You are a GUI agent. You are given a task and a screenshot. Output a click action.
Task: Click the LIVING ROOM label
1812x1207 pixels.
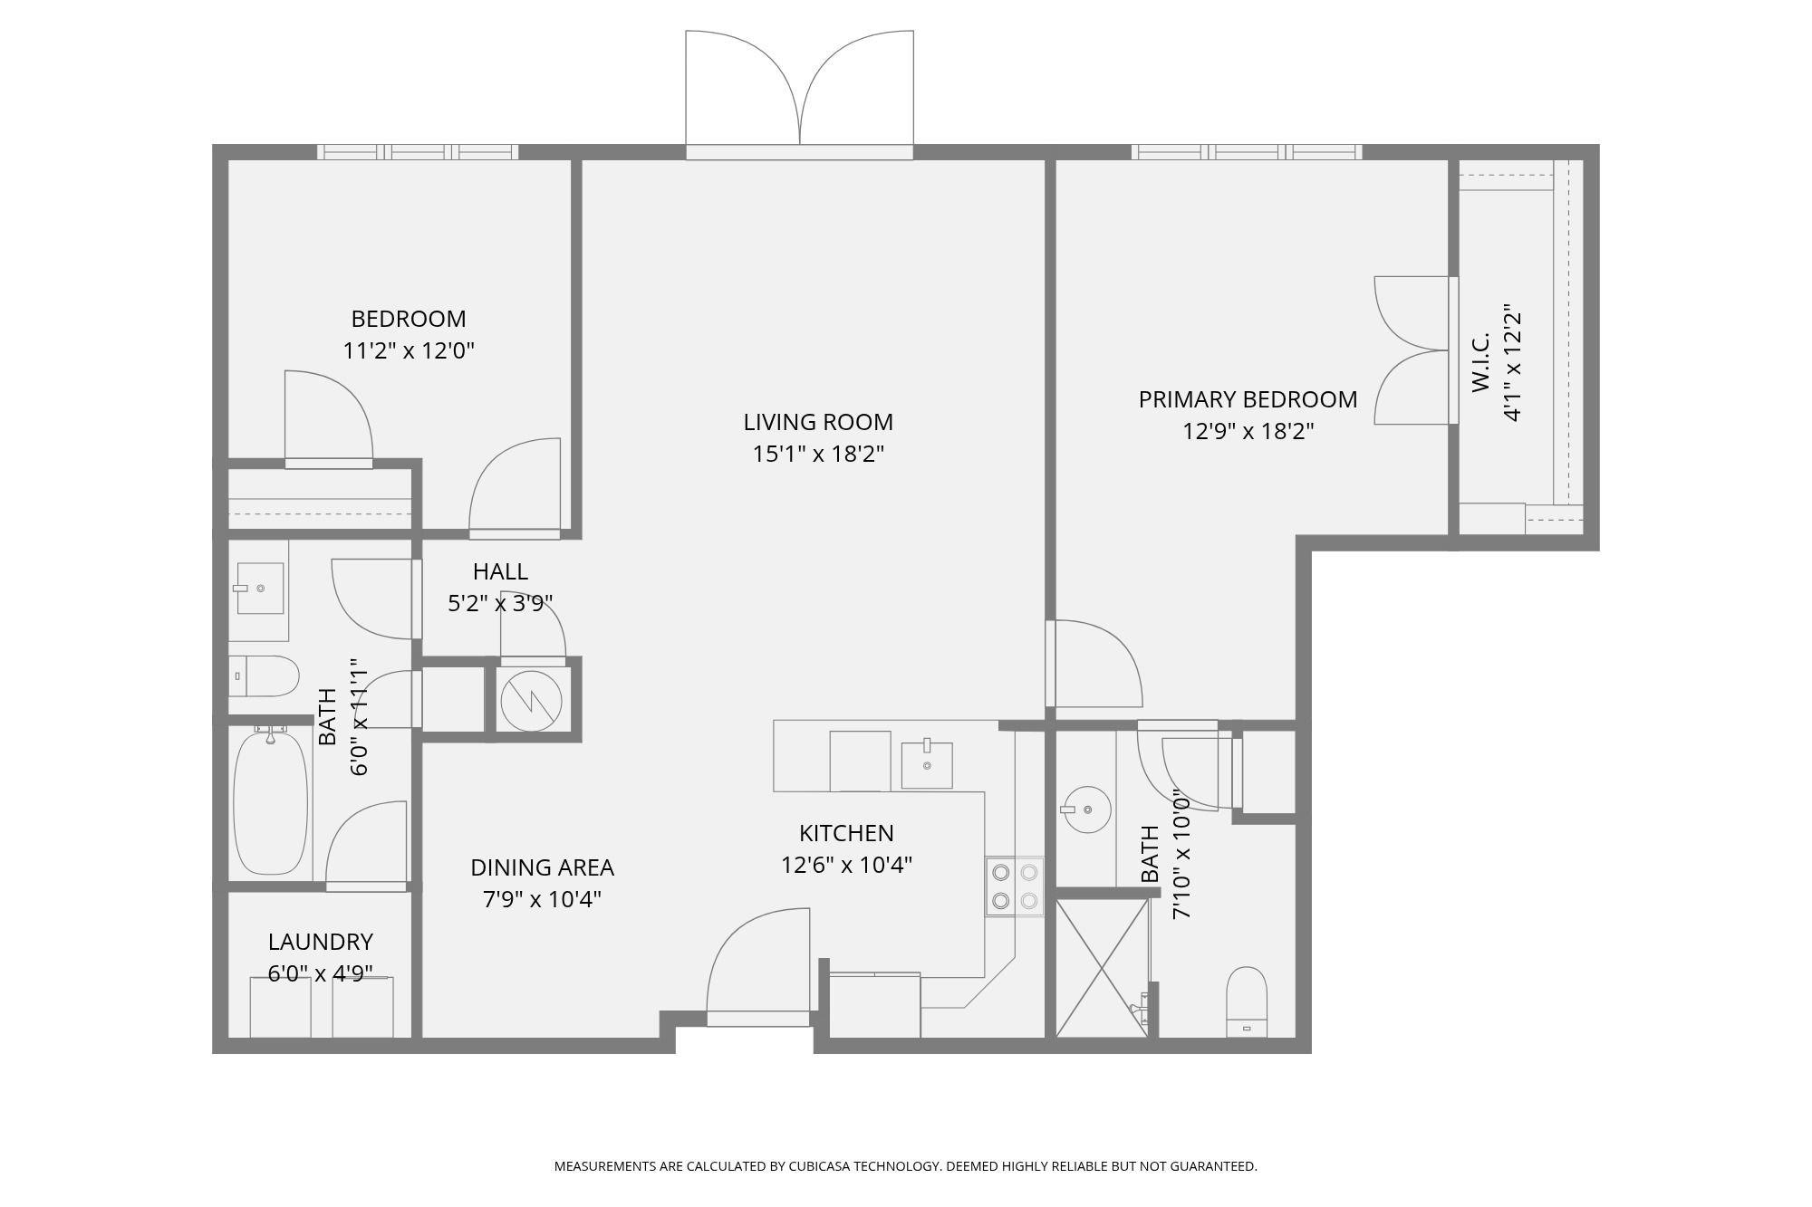[x=818, y=422]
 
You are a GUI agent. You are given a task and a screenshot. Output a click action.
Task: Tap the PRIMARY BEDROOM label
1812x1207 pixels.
[x=1248, y=399]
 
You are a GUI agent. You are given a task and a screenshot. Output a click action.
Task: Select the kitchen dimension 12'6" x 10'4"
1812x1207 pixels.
[x=846, y=865]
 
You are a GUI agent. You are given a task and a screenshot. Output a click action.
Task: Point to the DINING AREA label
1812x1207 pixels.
[x=542, y=867]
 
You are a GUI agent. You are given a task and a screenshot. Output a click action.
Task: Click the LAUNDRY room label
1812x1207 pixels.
[x=321, y=942]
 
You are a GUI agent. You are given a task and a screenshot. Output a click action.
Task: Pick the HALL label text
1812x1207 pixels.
[x=500, y=571]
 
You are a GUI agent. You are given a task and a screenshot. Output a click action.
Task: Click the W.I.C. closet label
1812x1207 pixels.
[x=1481, y=363]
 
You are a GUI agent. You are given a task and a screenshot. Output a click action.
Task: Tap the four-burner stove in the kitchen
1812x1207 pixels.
[x=1015, y=886]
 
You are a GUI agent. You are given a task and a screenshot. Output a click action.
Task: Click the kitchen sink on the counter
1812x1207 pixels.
[x=927, y=765]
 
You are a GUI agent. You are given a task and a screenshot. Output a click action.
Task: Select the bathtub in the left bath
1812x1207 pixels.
[x=270, y=802]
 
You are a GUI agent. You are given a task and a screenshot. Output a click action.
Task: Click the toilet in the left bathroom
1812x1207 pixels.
[x=263, y=676]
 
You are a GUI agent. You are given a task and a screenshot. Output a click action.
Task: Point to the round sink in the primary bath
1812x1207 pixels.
[x=1086, y=809]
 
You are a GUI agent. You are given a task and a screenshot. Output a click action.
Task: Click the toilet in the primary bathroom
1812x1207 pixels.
[x=1247, y=1002]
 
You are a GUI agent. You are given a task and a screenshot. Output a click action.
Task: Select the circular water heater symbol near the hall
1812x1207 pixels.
[x=531, y=700]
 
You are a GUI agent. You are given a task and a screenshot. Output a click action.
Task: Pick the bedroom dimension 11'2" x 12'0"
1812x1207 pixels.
[x=409, y=350]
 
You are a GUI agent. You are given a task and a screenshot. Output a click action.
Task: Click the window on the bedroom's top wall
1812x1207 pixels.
[x=418, y=152]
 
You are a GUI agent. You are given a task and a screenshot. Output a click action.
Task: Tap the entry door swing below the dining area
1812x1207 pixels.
[x=758, y=967]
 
